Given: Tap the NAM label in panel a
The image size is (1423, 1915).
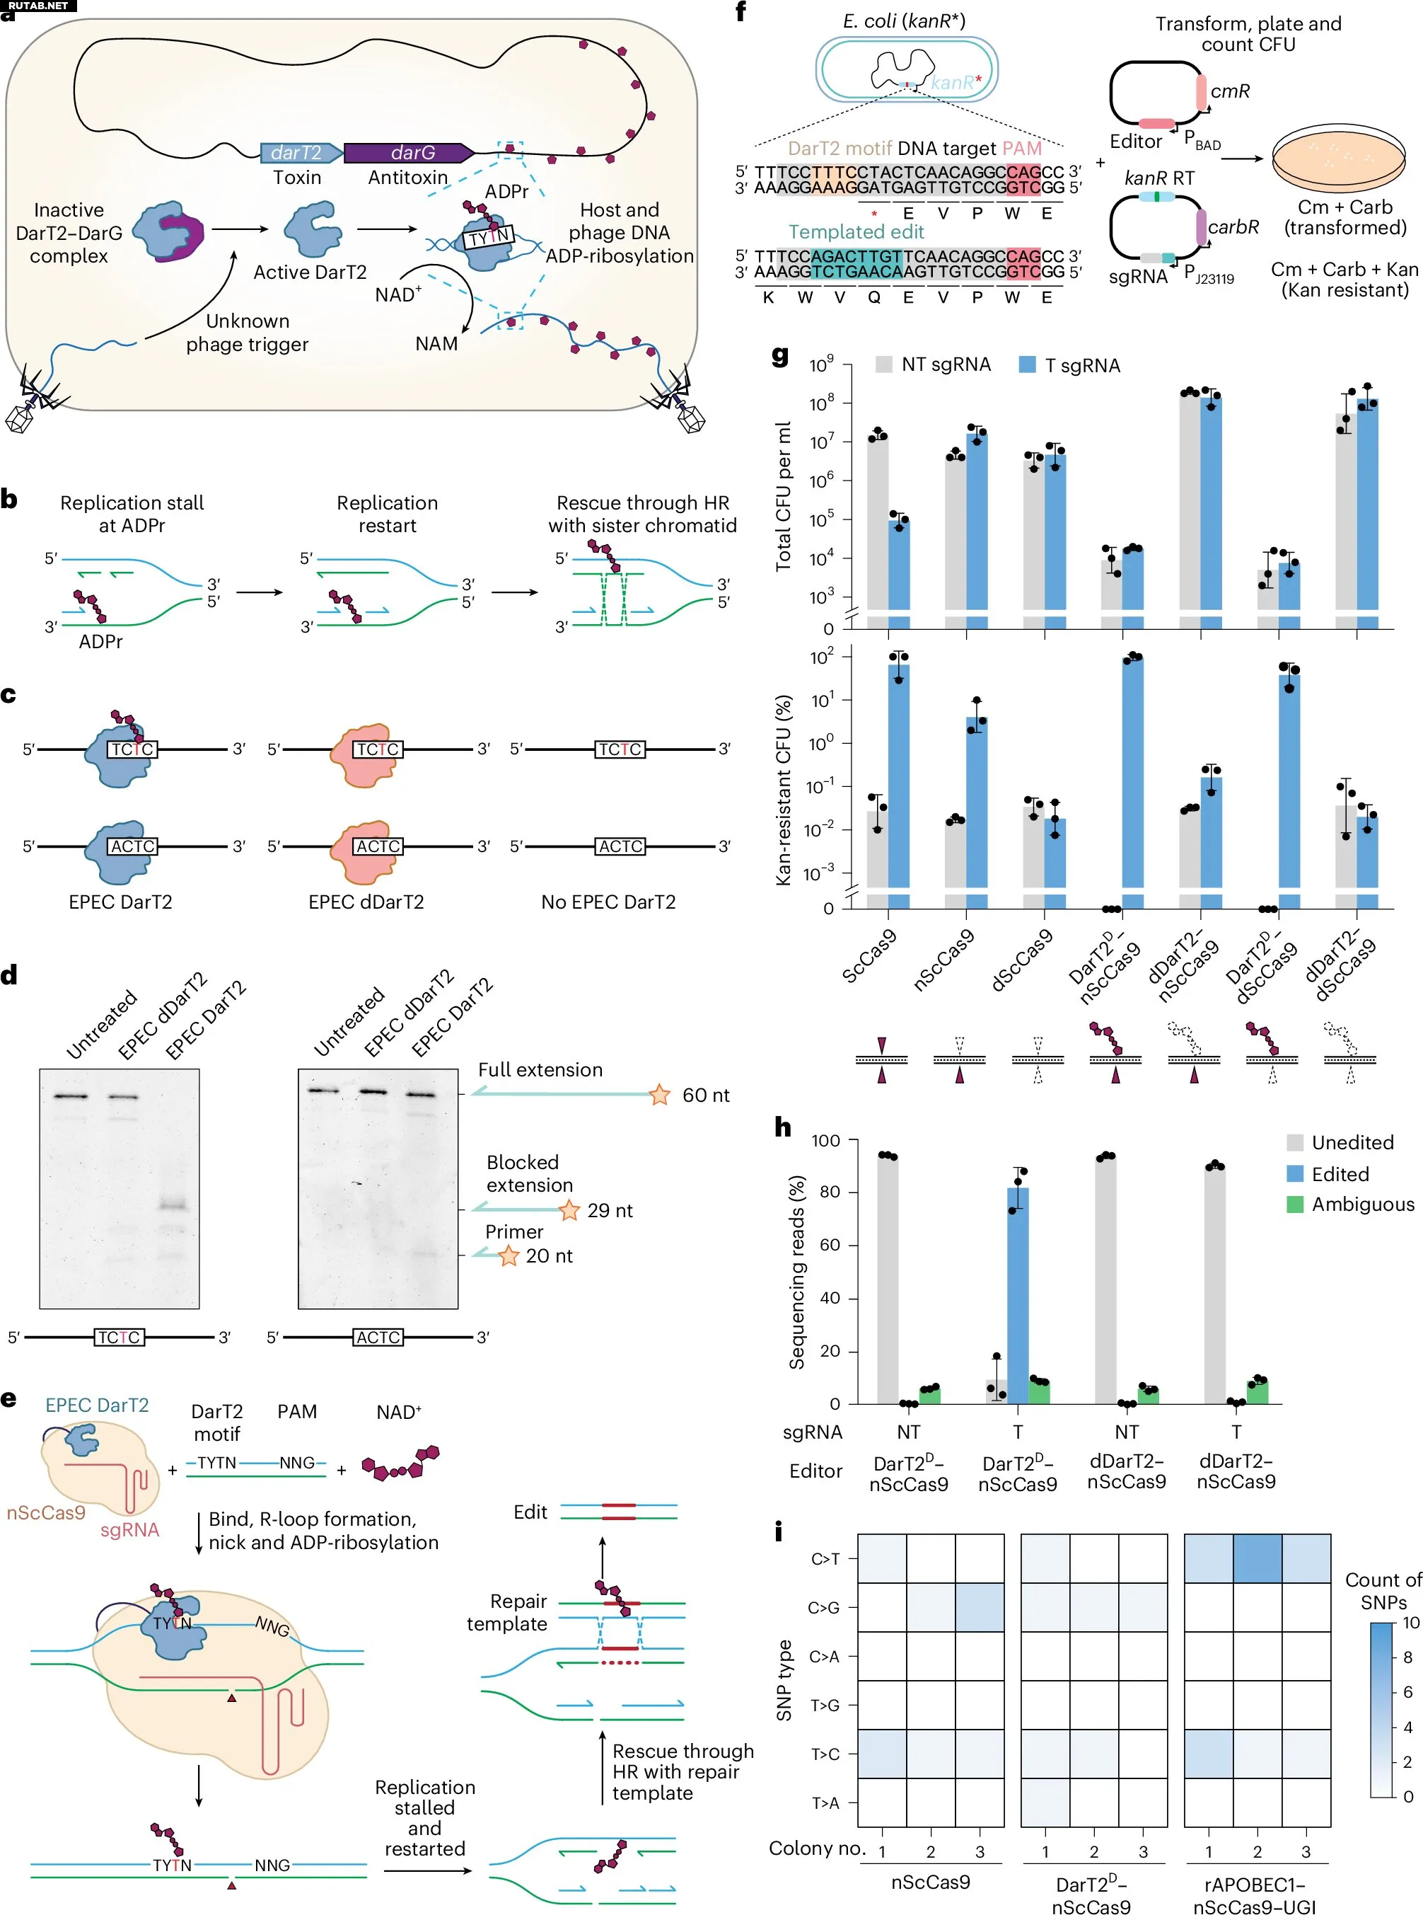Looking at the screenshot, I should coord(436,344).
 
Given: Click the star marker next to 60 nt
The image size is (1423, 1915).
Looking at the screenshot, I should coord(660,1095).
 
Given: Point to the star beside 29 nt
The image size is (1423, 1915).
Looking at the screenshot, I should coord(569,1210).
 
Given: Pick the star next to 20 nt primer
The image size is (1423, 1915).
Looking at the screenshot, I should coord(509,1255).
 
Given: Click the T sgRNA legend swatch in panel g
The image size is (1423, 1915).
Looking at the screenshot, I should coord(1027,364).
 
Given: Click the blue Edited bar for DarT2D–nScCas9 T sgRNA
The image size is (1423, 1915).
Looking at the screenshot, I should coord(1017,1293).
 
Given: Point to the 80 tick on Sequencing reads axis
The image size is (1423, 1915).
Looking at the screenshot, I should coord(830,1192).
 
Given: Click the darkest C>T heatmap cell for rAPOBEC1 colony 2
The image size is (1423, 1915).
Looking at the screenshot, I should coord(1257,1558).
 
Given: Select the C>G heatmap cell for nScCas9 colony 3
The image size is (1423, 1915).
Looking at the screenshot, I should coord(980,1607).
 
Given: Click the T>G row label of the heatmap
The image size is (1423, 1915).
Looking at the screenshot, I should coord(825,1705).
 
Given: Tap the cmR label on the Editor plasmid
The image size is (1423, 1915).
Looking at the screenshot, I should coord(1229,91).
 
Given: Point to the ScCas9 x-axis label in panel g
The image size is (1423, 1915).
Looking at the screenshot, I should coord(870,957).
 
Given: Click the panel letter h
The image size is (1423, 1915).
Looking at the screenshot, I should coord(782,1127).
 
